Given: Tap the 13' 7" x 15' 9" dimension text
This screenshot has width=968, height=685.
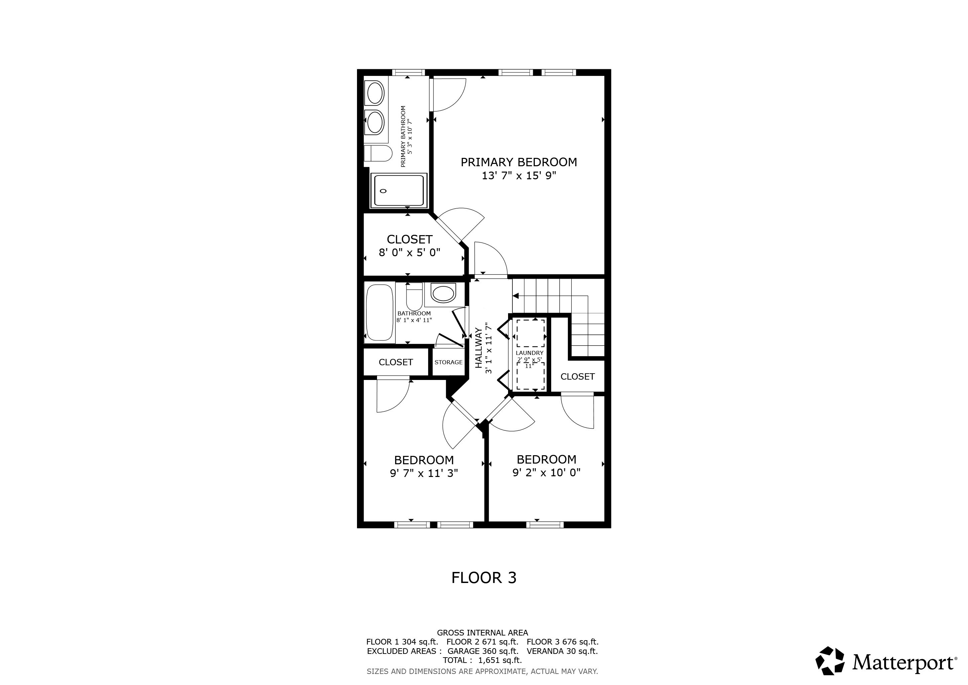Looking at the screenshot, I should (518, 176).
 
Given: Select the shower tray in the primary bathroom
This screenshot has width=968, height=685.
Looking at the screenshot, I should (398, 191).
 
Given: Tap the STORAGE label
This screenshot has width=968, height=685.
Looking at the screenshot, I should (448, 362).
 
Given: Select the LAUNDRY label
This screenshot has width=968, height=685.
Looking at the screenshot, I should (529, 353).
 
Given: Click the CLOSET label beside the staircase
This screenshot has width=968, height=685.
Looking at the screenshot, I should (577, 377).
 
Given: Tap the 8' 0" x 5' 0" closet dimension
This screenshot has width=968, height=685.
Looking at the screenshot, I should (409, 253).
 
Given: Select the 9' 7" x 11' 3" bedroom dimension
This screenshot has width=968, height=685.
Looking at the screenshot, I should (424, 473).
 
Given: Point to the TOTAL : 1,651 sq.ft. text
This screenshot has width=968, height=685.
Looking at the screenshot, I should (482, 660).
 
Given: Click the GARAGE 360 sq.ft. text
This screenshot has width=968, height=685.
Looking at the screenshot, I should (483, 651).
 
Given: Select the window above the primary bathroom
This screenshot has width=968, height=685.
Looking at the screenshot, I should (408, 72).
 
